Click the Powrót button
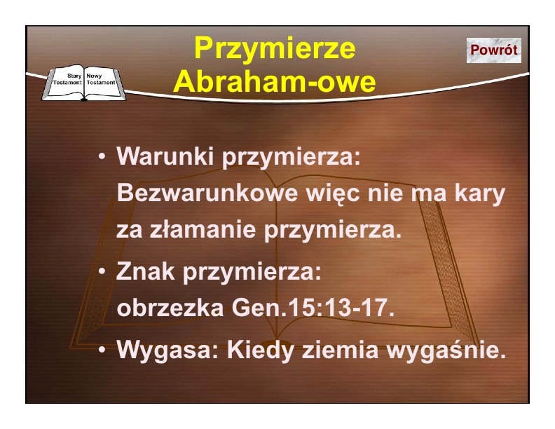[x=494, y=50]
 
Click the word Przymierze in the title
[x=275, y=49]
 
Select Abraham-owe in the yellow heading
[x=274, y=81]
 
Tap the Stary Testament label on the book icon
[x=67, y=79]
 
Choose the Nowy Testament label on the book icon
[x=101, y=79]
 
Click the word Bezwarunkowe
[x=207, y=193]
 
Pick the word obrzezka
[x=170, y=308]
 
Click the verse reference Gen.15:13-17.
[x=313, y=308]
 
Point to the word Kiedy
[x=260, y=351]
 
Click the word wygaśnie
[x=446, y=351]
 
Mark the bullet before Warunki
[x=102, y=156]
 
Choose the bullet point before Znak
[x=102, y=271]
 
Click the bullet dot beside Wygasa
[x=102, y=350]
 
